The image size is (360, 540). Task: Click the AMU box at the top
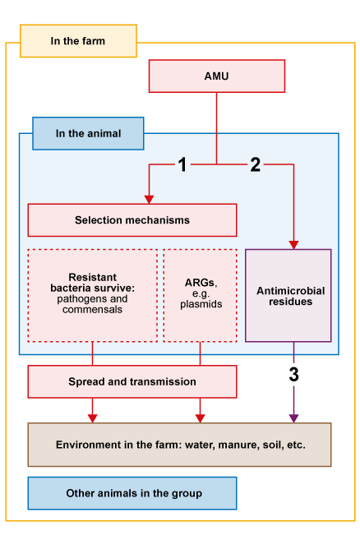[216, 76]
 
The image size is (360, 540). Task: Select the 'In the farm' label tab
[78, 41]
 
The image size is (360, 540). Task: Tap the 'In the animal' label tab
[88, 133]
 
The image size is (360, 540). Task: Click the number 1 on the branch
[182, 165]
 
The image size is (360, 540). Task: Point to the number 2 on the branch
[255, 165]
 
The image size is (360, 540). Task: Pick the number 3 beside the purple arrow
[293, 375]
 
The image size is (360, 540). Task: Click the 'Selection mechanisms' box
[132, 220]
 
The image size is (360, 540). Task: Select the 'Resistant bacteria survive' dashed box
[92, 294]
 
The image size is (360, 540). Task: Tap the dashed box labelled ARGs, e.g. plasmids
[201, 294]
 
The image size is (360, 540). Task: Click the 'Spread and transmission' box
[132, 381]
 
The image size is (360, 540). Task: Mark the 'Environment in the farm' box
[179, 445]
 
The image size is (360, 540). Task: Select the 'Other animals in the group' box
[132, 493]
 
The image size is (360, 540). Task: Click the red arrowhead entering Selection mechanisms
[149, 199]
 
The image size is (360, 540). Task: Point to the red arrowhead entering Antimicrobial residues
[293, 244]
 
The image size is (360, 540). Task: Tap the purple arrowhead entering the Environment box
[293, 418]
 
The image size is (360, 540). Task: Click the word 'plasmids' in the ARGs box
[200, 304]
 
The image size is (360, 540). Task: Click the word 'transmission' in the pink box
[164, 381]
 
